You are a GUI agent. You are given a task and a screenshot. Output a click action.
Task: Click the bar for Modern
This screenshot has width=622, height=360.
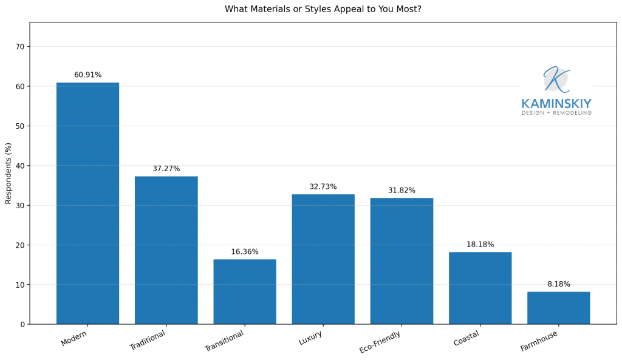[87, 203]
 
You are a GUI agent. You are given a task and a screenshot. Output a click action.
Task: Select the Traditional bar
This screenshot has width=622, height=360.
[166, 250]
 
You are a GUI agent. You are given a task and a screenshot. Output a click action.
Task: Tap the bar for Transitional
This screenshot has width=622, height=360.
[244, 291]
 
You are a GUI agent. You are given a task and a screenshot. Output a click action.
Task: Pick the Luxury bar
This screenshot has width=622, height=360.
[323, 259]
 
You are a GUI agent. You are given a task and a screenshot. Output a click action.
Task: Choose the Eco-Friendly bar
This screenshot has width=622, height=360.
[402, 261]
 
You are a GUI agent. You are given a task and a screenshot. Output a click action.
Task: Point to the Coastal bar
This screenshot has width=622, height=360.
[480, 288]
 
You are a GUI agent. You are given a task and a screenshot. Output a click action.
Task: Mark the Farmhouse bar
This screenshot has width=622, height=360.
[558, 308]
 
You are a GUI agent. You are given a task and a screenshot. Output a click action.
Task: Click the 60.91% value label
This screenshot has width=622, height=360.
[87, 75]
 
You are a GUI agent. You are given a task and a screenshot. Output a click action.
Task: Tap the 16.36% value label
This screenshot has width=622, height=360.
[244, 252]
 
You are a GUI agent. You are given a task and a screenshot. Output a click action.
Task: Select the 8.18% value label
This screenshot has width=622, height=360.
[558, 284]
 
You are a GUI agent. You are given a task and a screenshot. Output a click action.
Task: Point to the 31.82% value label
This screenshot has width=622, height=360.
[402, 191]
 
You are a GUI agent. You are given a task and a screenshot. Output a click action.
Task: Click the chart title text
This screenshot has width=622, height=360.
[323, 10]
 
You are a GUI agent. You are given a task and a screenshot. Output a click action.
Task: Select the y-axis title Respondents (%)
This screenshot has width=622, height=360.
[9, 173]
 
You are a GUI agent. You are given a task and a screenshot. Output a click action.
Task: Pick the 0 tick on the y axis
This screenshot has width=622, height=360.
[22, 324]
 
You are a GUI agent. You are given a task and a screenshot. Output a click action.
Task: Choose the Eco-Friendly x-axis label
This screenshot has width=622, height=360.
[380, 342]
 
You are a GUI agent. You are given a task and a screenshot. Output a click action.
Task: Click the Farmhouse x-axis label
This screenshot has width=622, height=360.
[539, 341]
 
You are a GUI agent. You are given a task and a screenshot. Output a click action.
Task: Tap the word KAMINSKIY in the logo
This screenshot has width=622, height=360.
[556, 104]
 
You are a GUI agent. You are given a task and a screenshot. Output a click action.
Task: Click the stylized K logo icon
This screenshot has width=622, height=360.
[555, 79]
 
